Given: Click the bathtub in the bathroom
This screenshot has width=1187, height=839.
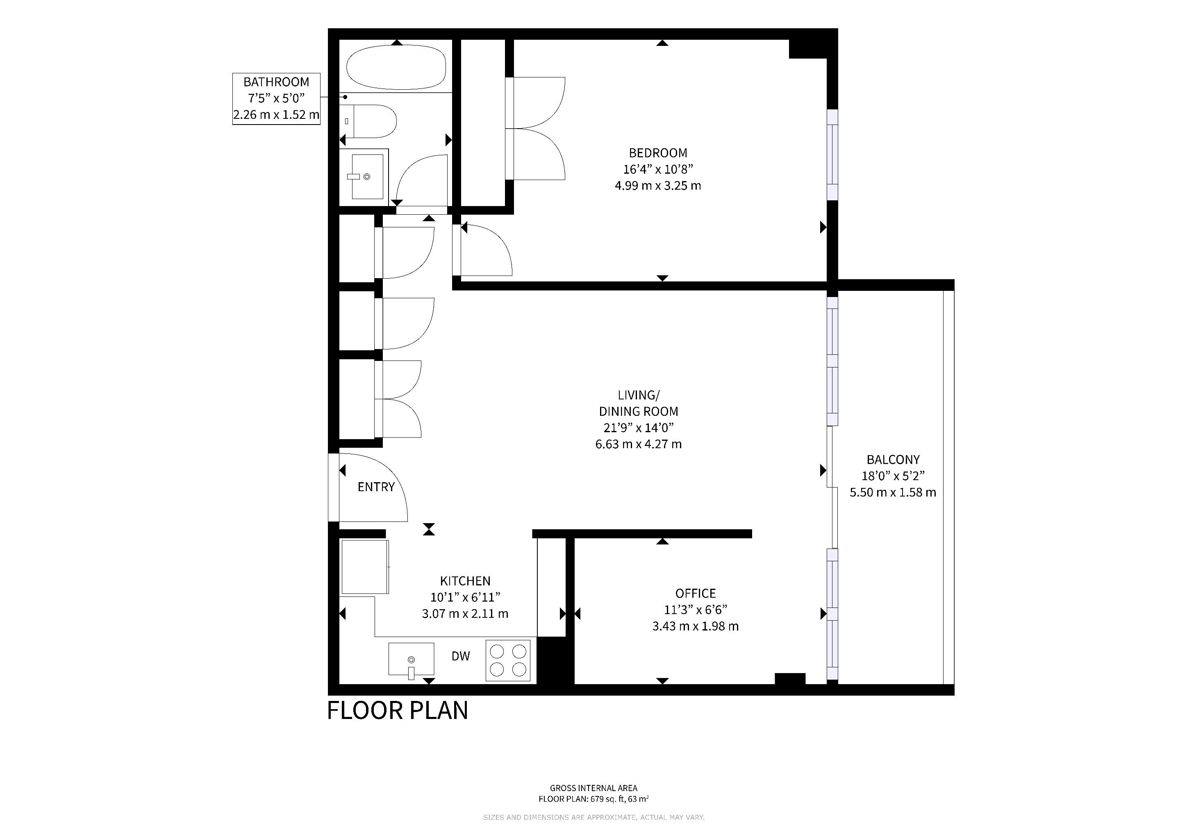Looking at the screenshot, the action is tap(396, 68).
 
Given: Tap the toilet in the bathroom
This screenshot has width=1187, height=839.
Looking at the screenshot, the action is tap(368, 121).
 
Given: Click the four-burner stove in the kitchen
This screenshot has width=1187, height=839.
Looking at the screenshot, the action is tap(508, 660).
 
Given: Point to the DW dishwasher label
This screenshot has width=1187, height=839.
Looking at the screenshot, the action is tap(461, 656).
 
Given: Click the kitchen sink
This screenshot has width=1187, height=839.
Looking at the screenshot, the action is tap(411, 659).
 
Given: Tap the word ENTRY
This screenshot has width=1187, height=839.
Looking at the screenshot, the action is tap(376, 487).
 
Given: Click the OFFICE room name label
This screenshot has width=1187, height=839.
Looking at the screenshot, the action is tap(695, 593).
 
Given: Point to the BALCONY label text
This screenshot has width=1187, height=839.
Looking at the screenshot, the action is tap(893, 459).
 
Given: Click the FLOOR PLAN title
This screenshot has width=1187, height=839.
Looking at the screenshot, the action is tap(398, 710).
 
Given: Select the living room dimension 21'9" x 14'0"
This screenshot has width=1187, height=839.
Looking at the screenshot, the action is tap(639, 428).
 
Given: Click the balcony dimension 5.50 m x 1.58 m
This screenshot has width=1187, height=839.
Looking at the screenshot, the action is tap(893, 492).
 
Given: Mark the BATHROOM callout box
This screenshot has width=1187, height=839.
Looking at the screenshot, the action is tap(276, 99).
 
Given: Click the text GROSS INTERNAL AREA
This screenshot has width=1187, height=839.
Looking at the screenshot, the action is tap(593, 788).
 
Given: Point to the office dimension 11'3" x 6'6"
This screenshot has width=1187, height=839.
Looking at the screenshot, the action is tap(695, 610).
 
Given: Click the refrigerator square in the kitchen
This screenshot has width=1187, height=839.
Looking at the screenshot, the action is tap(364, 567).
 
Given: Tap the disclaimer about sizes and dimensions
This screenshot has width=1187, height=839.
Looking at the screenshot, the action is tap(593, 817).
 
